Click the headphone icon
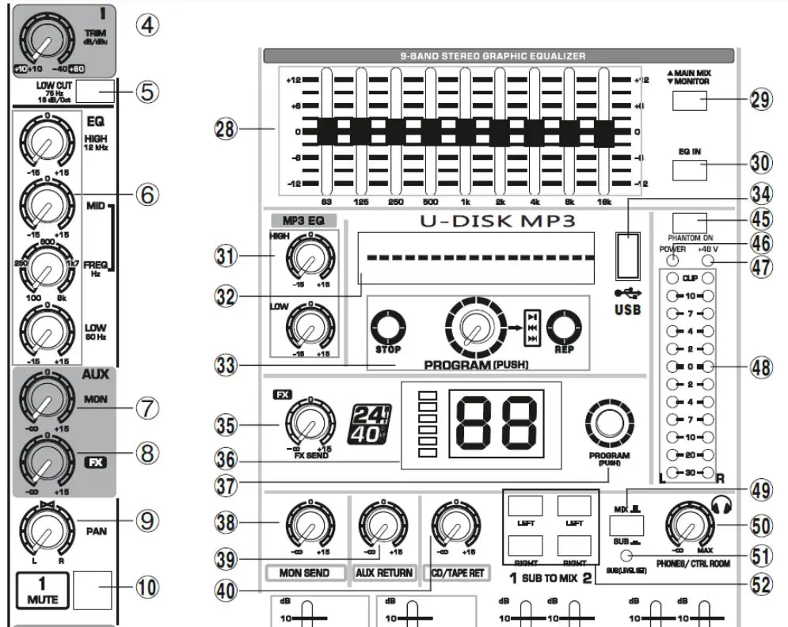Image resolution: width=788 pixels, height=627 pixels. pyautogui.click(x=725, y=501)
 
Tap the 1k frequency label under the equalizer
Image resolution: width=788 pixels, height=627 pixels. pyautogui.click(x=466, y=202)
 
